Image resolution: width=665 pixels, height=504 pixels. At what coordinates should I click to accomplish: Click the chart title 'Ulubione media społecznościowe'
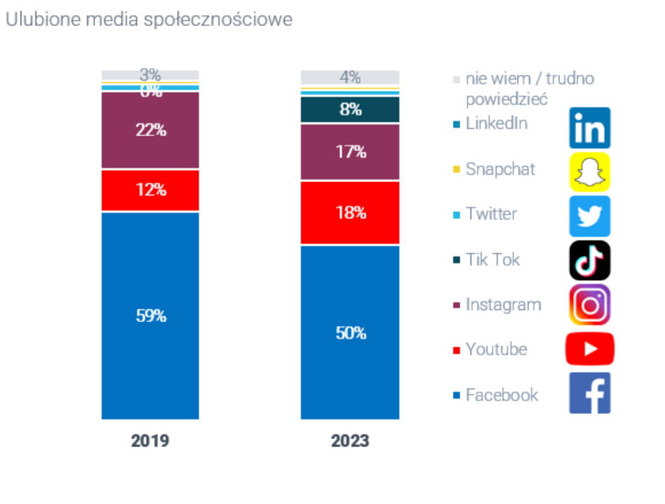[x=149, y=19]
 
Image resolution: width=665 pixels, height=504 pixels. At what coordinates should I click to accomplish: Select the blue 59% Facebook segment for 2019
[x=150, y=315]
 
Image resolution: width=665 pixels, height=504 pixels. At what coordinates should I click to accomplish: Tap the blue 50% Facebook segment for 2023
[x=350, y=332]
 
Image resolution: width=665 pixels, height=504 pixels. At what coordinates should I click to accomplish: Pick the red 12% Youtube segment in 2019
[x=150, y=190]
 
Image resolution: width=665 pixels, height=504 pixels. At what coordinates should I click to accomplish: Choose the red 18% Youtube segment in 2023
[x=350, y=213]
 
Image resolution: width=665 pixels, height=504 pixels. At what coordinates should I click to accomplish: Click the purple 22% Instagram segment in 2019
[x=150, y=131]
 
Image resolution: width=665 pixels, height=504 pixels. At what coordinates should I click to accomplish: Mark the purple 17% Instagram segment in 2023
[x=350, y=152]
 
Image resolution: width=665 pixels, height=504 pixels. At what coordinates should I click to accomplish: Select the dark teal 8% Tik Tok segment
[x=350, y=110]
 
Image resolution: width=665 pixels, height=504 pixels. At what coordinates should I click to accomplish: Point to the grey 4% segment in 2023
[x=350, y=78]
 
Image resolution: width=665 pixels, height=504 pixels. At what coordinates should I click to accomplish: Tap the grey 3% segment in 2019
[x=150, y=75]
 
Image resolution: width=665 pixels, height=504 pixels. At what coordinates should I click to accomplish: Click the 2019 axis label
[x=150, y=441]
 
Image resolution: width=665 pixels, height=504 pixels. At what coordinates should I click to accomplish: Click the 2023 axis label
[x=350, y=441]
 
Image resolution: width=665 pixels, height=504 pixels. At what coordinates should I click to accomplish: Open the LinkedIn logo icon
[x=590, y=128]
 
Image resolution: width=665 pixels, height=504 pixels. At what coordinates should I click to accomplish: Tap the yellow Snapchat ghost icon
[x=590, y=172]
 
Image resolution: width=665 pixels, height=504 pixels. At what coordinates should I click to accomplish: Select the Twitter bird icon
[x=590, y=216]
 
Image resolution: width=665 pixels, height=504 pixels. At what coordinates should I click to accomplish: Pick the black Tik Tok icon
[x=590, y=260]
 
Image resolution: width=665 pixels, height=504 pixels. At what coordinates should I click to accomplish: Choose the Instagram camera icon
[x=590, y=305]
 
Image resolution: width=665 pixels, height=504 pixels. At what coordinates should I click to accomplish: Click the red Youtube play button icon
[x=590, y=349]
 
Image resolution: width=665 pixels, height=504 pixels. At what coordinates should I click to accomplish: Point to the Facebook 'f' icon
[x=590, y=393]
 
